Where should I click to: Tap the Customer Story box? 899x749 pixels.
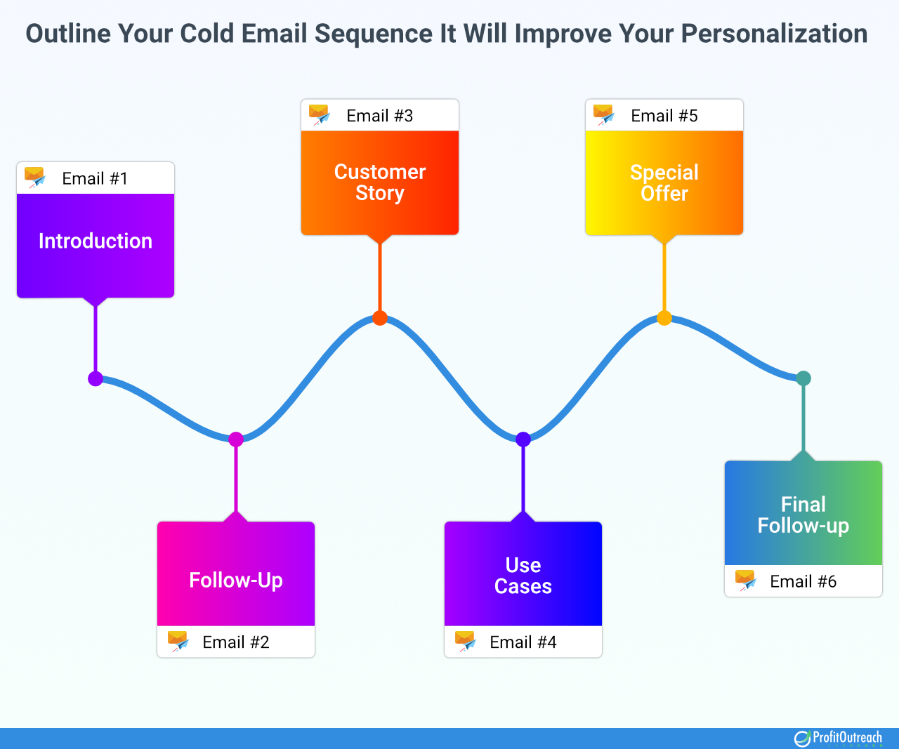[380, 183]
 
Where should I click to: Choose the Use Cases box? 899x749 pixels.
[523, 574]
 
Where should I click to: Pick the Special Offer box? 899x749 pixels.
[664, 183]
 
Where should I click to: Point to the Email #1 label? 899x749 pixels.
[95, 178]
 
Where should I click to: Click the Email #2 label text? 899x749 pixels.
[236, 642]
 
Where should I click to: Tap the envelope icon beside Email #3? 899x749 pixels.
[320, 114]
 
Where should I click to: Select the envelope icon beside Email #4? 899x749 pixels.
[465, 641]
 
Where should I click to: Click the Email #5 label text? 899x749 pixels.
[664, 116]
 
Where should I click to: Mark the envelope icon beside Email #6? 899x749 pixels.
[745, 580]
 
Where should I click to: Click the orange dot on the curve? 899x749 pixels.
[380, 318]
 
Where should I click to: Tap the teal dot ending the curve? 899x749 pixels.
[803, 378]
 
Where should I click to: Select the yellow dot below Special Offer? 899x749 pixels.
[664, 318]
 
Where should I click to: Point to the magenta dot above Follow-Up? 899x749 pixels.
[236, 439]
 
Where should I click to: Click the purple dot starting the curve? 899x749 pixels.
[96, 379]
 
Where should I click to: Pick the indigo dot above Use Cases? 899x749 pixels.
[523, 439]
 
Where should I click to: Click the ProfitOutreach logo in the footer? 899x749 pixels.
[839, 738]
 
